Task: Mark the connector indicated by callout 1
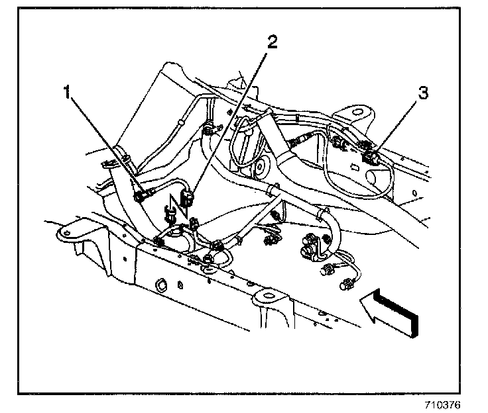click(140, 195)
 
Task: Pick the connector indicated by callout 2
click(188, 197)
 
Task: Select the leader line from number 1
click(103, 143)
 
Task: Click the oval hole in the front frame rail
click(161, 286)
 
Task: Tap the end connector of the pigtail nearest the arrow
click(345, 285)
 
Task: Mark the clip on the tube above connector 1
click(123, 158)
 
